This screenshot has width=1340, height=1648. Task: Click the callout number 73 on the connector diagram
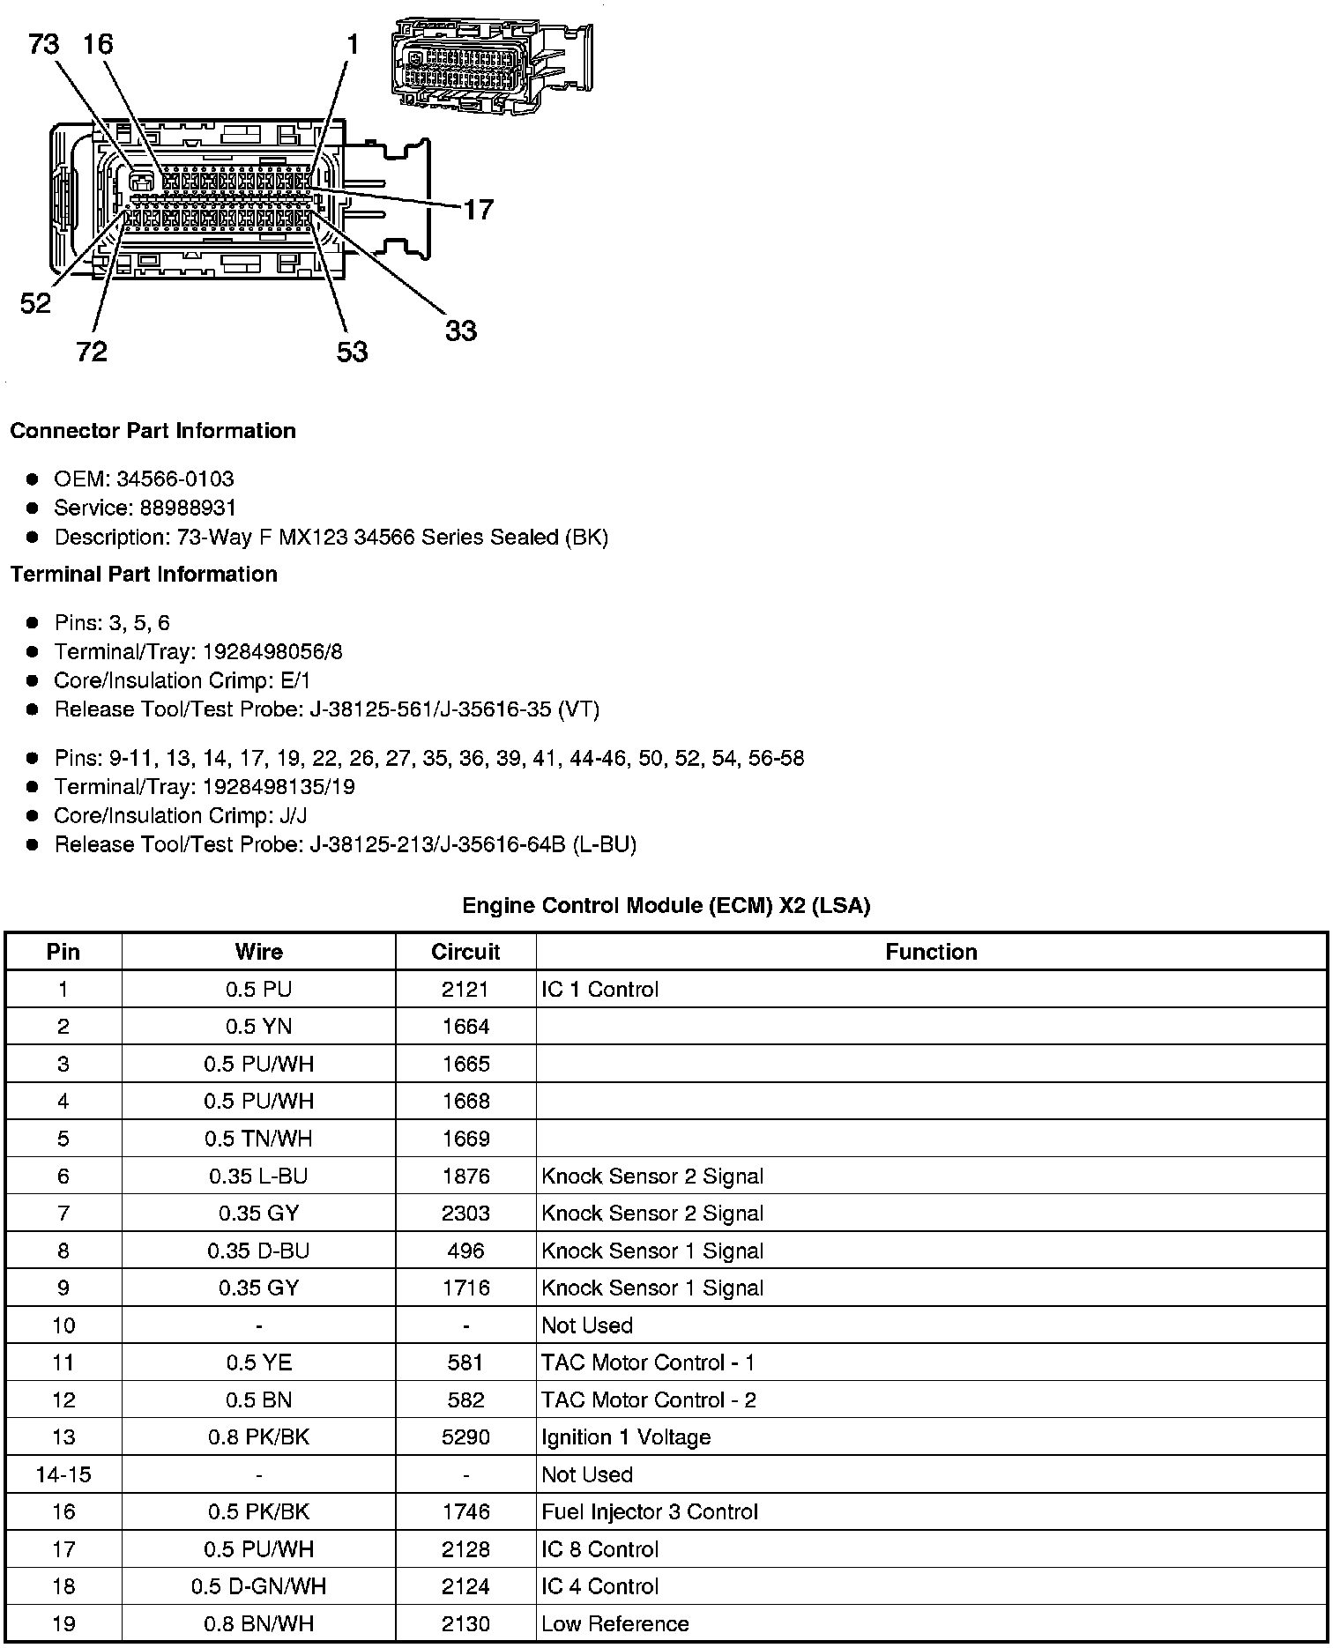(44, 43)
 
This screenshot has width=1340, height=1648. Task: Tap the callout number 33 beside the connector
(460, 330)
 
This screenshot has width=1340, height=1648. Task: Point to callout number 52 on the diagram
(36, 303)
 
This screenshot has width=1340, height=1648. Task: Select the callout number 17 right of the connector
(478, 209)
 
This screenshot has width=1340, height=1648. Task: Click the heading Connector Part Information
(153, 431)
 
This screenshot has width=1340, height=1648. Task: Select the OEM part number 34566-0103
(175, 479)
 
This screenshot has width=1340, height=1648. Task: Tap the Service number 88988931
(188, 509)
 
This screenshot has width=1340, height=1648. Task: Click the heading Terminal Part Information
(144, 575)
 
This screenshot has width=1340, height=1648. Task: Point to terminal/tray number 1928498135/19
(279, 787)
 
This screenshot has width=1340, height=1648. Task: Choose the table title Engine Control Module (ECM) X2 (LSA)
(666, 906)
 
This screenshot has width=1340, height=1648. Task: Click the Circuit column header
(465, 952)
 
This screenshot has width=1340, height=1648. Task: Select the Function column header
(931, 952)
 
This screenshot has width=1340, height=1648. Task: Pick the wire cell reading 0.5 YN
(258, 1027)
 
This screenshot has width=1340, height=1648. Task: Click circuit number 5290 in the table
(465, 1437)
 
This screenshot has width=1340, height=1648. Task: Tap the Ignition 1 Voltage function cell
(626, 1437)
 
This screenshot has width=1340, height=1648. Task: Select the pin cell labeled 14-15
(63, 1474)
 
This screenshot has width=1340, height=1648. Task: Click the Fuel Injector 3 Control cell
(650, 1512)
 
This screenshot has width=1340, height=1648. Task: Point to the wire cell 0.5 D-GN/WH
(258, 1586)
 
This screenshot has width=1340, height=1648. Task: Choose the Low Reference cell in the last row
(615, 1624)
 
